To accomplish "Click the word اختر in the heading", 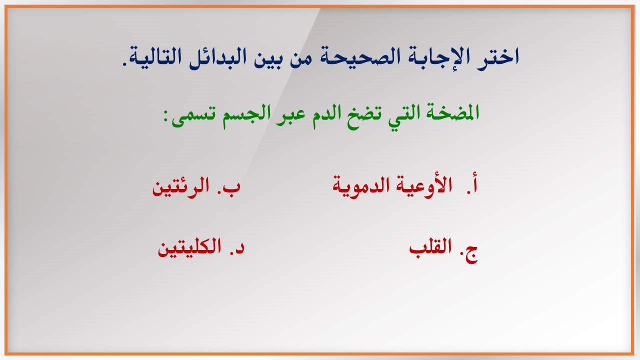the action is pyautogui.click(x=495, y=57).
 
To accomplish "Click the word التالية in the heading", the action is pyautogui.click(x=155, y=56).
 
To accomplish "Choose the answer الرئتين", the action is pyautogui.click(x=180, y=186).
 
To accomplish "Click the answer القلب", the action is pyautogui.click(x=430, y=247).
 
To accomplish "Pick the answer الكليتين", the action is pyautogui.click(x=189, y=247).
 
